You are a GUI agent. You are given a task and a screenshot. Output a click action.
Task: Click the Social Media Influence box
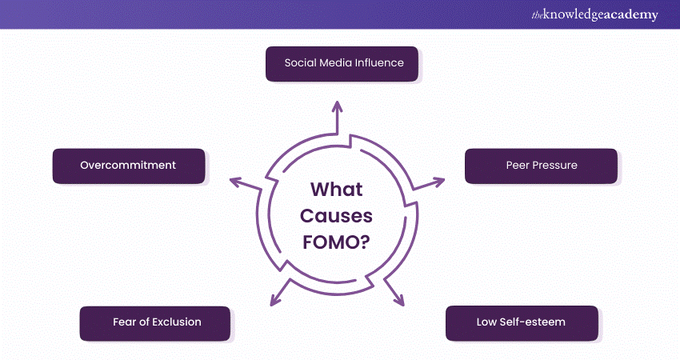342,63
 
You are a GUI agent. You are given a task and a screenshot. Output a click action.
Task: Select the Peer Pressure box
541,166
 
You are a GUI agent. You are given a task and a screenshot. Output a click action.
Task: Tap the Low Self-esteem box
521,322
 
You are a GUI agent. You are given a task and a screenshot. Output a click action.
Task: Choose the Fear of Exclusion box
155,322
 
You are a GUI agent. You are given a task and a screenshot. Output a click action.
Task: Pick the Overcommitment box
128,166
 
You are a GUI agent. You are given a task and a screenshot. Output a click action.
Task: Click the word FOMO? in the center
336,241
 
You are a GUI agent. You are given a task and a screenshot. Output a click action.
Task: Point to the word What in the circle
336,190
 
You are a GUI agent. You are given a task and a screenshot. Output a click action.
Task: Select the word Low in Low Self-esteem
488,322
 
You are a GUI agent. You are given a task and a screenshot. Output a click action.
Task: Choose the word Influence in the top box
379,63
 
